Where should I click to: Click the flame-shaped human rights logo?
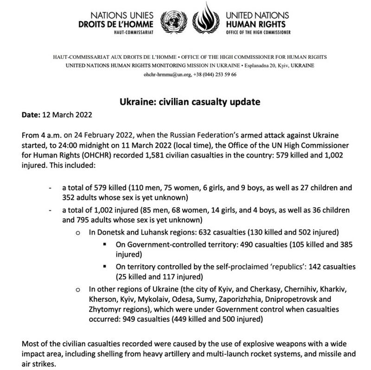point(205,19)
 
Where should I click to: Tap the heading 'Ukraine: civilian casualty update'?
point(185,102)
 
